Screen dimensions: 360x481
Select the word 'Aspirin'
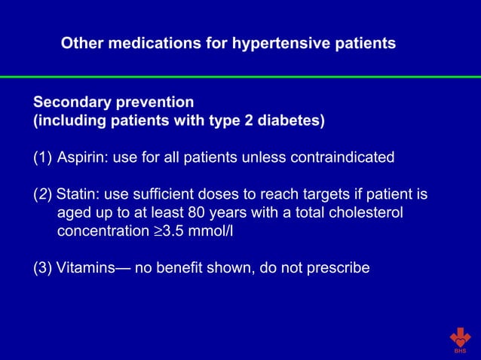point(81,157)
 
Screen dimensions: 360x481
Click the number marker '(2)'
point(42,194)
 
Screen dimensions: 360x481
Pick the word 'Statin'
point(76,194)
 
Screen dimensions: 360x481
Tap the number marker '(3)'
point(42,267)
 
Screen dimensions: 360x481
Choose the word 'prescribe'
point(340,267)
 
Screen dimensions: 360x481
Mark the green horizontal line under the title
point(240,77)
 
